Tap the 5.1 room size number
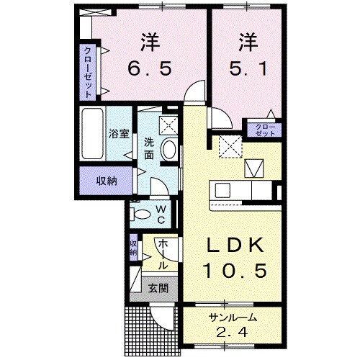point(247,70)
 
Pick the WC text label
point(161,213)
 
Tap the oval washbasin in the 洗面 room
point(168,149)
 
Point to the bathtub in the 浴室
point(92,135)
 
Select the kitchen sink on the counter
point(222,191)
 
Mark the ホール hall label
point(163,254)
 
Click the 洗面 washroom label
point(148,148)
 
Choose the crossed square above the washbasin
point(168,124)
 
